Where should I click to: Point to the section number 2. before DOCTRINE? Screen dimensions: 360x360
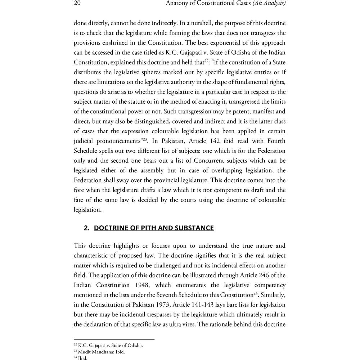tap(86, 228)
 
